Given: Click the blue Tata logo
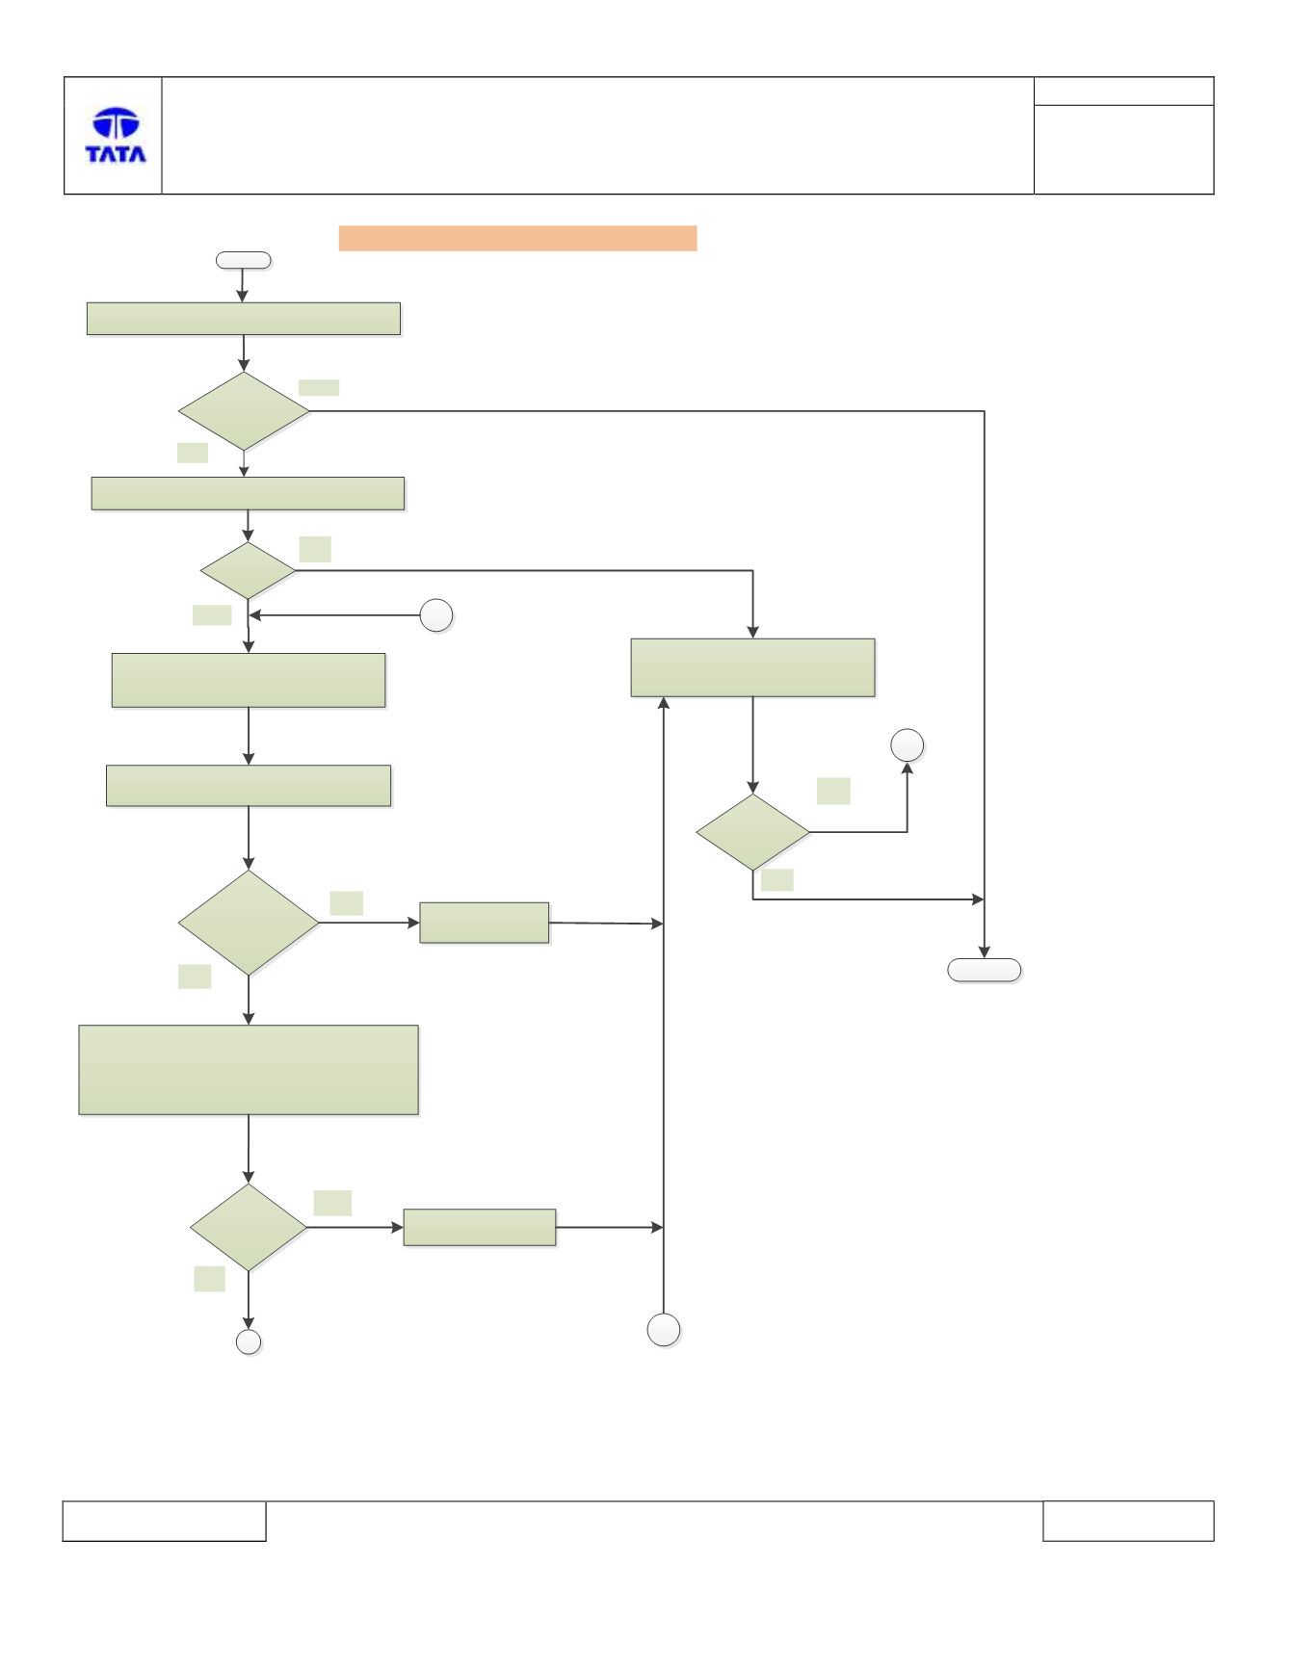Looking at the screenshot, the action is pyautogui.click(x=116, y=135).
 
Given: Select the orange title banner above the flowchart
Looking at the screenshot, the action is pyautogui.click(x=517, y=238).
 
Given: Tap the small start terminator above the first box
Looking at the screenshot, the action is pyautogui.click(x=243, y=260).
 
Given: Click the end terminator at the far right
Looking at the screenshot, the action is pyautogui.click(x=984, y=970).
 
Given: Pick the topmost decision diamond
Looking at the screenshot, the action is pyautogui.click(x=244, y=411).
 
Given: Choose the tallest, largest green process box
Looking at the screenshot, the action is pyautogui.click(x=249, y=1070).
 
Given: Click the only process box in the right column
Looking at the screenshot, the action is pyautogui.click(x=752, y=667).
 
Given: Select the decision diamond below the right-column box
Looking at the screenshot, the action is pyautogui.click(x=752, y=832).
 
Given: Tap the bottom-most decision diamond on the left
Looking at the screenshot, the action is pyautogui.click(x=249, y=1227).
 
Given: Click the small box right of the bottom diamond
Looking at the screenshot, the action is pyautogui.click(x=480, y=1228).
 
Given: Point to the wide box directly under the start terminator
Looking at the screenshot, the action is pyautogui.click(x=244, y=319).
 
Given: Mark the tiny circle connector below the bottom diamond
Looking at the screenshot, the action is pyautogui.click(x=249, y=1342).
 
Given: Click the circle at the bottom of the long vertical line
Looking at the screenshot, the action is pyautogui.click(x=664, y=1330).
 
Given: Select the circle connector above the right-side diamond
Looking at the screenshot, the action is pyautogui.click(x=908, y=745).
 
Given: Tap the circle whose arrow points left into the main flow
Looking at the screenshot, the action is pyautogui.click(x=436, y=615).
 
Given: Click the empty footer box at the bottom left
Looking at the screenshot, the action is pyautogui.click(x=164, y=1521).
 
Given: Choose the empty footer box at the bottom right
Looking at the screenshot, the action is pyautogui.click(x=1128, y=1521).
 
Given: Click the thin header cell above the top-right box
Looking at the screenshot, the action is pyautogui.click(x=1123, y=91).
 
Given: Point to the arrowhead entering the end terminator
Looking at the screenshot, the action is pyautogui.click(x=984, y=953).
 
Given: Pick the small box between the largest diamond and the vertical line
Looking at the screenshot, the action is pyautogui.click(x=485, y=923).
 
